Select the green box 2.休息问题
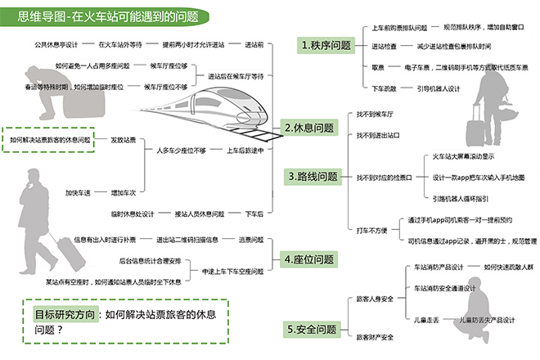click(309, 128)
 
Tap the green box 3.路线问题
click(313, 177)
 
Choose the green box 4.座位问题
click(309, 259)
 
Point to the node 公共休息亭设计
click(56, 44)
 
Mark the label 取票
click(378, 67)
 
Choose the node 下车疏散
click(384, 88)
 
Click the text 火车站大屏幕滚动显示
click(466, 156)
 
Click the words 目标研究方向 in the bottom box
click(64, 313)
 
